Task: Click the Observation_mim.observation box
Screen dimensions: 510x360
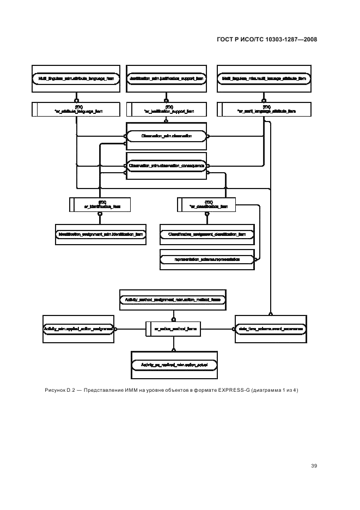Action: click(166, 137)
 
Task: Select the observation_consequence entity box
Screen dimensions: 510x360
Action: click(166, 165)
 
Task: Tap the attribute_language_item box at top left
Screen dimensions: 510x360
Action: click(76, 79)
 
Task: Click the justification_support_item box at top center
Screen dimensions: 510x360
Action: click(166, 79)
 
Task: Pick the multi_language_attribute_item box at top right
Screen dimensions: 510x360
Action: click(264, 79)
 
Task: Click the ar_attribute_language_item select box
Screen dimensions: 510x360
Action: click(76, 110)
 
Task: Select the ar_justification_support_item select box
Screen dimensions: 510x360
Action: click(166, 110)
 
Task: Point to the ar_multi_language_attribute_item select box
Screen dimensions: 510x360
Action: click(264, 110)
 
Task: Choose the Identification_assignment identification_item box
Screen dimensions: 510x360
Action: click(100, 234)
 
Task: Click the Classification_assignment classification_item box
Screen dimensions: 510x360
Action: click(207, 234)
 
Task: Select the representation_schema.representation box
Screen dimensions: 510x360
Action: click(207, 260)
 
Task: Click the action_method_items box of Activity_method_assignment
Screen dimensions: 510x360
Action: click(173, 299)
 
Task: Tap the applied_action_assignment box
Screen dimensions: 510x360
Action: click(78, 329)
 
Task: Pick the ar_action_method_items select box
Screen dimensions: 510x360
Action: click(173, 329)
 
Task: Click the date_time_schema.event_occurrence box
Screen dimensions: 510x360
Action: click(270, 329)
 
